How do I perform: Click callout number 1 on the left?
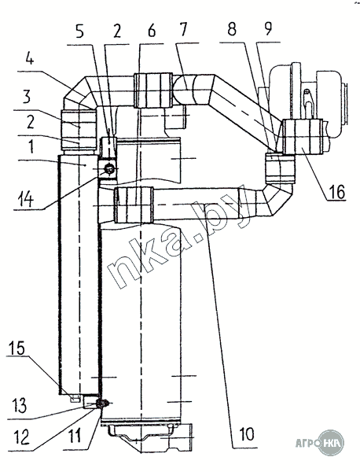coord(31,148)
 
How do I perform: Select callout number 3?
coord(27,97)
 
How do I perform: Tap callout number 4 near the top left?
coord(29,59)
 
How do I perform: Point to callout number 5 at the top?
coord(79,31)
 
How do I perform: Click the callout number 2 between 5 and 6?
coord(116,31)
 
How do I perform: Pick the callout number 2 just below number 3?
coord(30,122)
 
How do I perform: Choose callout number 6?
coord(152,31)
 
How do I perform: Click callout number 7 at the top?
coord(183,30)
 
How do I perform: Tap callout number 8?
coord(232,29)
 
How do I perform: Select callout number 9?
coord(268,28)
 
